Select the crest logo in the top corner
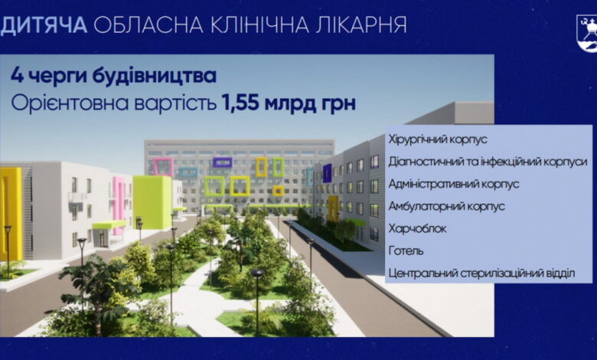pos(585,34)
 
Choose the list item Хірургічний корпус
pos(438,140)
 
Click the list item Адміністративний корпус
pos(453,184)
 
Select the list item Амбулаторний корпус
pos(443,206)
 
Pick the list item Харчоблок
pos(417,228)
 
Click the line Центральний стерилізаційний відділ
pos(480,273)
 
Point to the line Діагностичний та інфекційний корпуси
pos(488,162)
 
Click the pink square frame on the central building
pos(162,166)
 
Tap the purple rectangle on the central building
pos(222,162)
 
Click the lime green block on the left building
pos(152,201)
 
